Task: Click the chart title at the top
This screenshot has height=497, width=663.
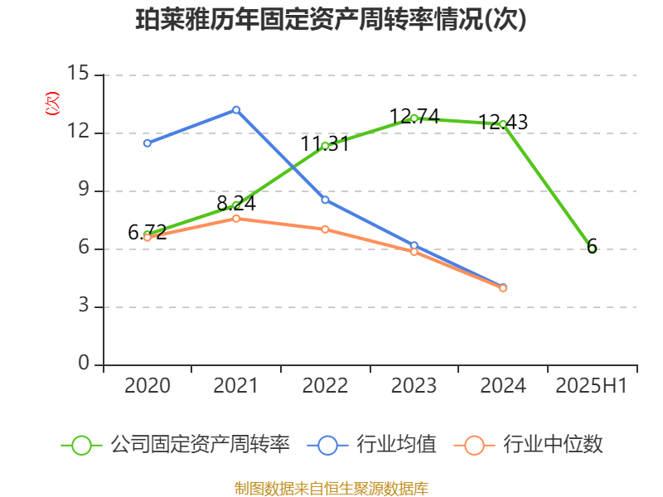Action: point(331,20)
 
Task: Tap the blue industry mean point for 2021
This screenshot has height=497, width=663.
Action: point(236,109)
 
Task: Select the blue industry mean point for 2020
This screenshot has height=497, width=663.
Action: point(148,143)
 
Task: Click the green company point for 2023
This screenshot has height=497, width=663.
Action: point(414,118)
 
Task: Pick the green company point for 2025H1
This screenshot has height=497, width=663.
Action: point(592,248)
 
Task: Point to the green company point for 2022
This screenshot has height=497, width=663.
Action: point(325,146)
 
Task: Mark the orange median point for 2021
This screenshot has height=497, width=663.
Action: point(236,219)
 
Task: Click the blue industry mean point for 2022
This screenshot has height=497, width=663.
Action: point(325,200)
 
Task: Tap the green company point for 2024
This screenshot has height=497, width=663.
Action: point(502,124)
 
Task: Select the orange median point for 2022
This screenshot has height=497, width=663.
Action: point(325,229)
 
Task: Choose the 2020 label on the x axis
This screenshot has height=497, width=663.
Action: point(148,386)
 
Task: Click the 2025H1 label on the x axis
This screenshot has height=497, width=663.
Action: point(592,386)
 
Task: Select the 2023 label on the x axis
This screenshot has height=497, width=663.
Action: point(414,386)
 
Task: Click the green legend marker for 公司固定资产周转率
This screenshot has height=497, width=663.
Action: point(81,445)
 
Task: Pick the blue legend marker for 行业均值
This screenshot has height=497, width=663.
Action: point(327,445)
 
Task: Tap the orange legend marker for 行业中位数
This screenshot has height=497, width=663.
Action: point(474,445)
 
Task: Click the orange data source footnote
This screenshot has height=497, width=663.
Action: point(331,488)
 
